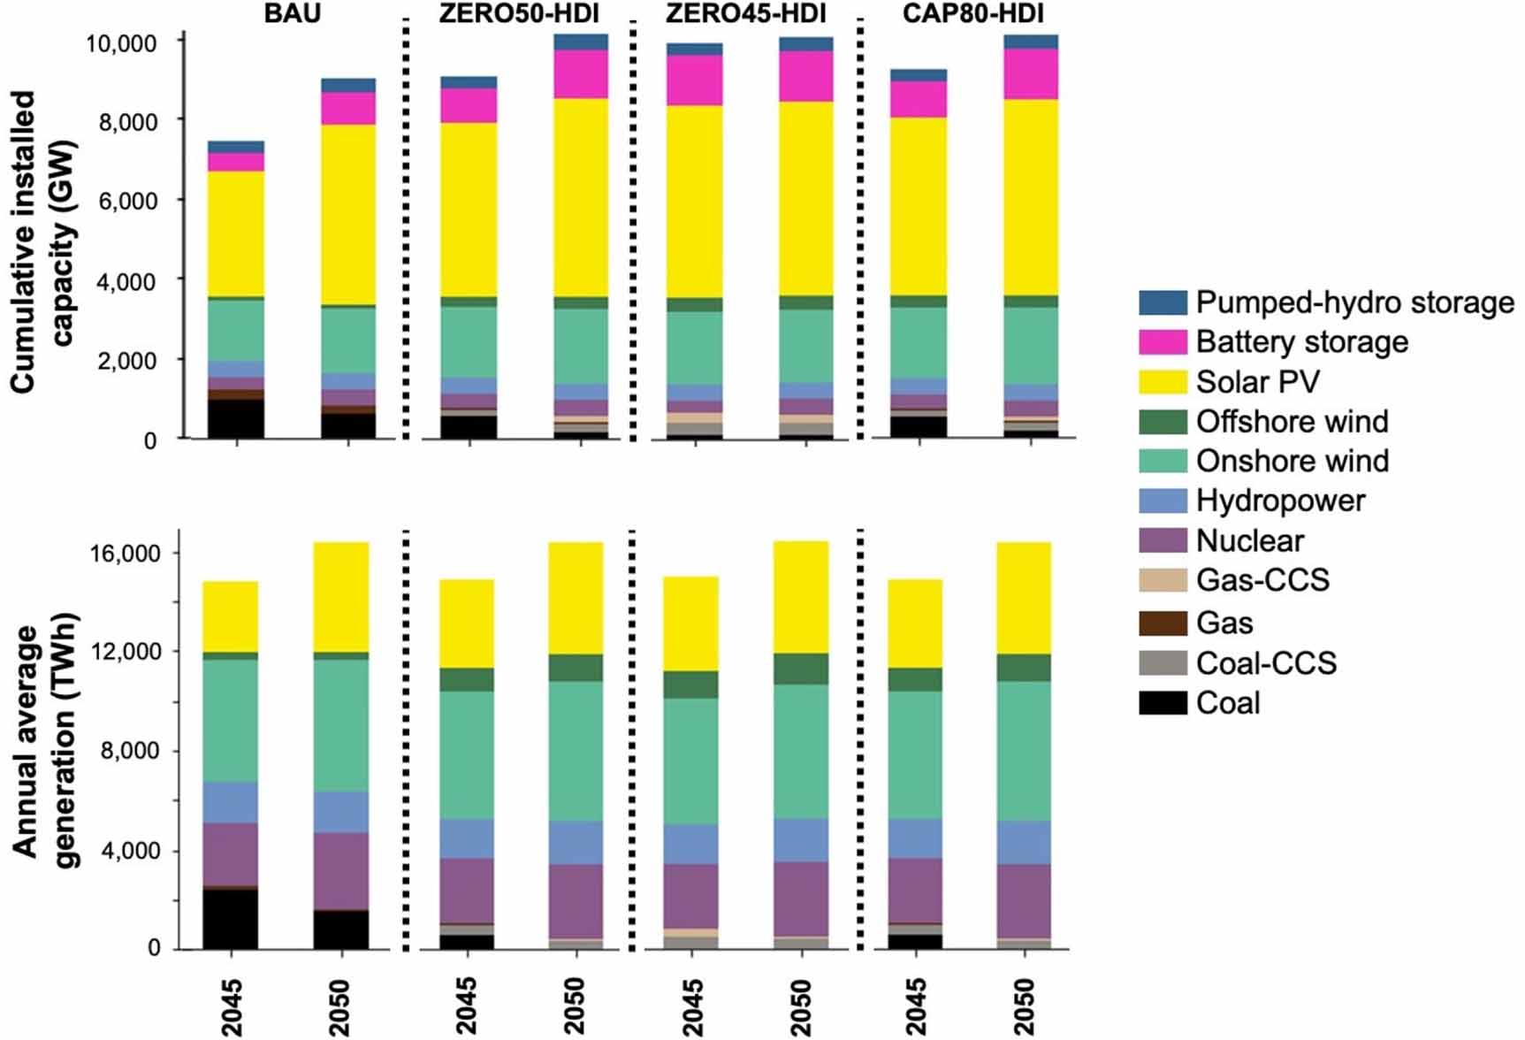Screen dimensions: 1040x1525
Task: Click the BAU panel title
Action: [292, 13]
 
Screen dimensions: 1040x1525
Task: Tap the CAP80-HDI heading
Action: [972, 13]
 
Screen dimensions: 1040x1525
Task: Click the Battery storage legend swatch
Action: [1163, 342]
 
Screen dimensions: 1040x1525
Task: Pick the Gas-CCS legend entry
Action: [1262, 580]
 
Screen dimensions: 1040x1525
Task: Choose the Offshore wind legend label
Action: [1292, 422]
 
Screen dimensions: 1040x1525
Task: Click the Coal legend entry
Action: [1227, 704]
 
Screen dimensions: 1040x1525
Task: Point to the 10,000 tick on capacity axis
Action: [120, 43]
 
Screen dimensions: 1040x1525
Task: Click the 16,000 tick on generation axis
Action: [126, 554]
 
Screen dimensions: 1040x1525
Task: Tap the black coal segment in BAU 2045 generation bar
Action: [230, 920]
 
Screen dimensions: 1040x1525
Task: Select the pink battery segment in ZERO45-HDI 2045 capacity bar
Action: [694, 80]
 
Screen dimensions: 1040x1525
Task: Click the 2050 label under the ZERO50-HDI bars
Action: [575, 1006]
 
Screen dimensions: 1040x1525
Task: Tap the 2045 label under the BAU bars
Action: [231, 1006]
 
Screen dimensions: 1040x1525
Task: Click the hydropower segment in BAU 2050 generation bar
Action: [341, 812]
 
